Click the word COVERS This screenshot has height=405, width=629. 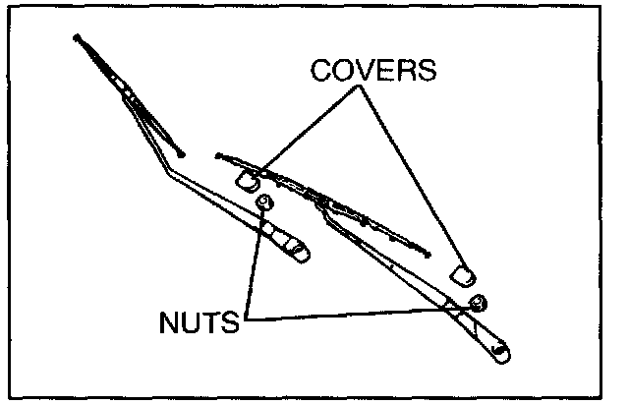tap(372, 71)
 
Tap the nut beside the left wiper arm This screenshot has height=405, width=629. tap(262, 202)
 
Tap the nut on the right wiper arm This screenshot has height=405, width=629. tap(478, 301)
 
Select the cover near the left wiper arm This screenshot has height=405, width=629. tap(247, 180)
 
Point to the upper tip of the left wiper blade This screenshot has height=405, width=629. tap(77, 38)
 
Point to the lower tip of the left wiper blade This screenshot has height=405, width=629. tap(182, 153)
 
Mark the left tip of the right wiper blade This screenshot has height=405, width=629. tap(218, 154)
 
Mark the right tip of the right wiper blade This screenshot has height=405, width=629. tap(429, 255)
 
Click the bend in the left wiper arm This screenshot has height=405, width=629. tap(168, 175)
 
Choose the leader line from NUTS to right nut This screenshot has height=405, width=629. tap(364, 311)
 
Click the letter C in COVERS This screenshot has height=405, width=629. tap(321, 71)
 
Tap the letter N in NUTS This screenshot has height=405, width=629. tap(167, 323)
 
